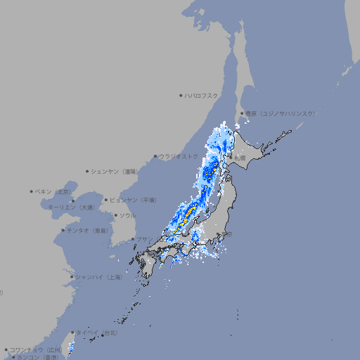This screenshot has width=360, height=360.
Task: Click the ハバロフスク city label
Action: pyautogui.click(x=202, y=95)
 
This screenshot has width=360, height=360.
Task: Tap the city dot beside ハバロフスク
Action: pyautogui.click(x=181, y=95)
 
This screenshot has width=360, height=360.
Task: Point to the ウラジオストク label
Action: pyautogui.click(x=179, y=156)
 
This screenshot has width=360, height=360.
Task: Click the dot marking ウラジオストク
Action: pyautogui.click(x=156, y=156)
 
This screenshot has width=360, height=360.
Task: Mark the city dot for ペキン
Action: pyautogui.click(x=32, y=191)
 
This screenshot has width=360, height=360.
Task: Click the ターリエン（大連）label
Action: pyautogui.click(x=71, y=207)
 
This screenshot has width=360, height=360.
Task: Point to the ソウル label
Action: pyautogui.click(x=127, y=215)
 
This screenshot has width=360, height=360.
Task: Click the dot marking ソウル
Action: pyautogui.click(x=115, y=215)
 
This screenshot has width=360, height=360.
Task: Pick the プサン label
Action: pyautogui.click(x=143, y=239)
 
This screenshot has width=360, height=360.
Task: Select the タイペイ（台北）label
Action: pyautogui.click(x=97, y=332)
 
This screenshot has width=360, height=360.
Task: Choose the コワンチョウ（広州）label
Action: pyautogui.click(x=35, y=349)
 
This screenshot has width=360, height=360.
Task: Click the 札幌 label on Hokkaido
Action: pyautogui.click(x=240, y=158)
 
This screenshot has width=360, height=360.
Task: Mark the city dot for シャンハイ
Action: pyautogui.click(x=72, y=277)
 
